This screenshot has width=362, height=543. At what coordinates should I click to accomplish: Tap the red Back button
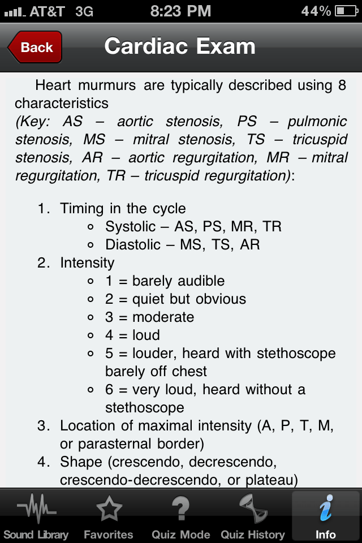[x=35, y=47]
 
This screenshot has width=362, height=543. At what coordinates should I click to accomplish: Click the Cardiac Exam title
[x=180, y=46]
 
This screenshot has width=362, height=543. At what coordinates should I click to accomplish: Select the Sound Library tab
[x=36, y=517]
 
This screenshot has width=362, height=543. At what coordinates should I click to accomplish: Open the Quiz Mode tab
[x=180, y=517]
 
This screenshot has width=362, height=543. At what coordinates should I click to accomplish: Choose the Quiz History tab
[x=253, y=517]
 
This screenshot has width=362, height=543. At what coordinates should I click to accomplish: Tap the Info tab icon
[x=326, y=508]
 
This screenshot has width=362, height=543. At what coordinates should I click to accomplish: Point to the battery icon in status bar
[x=346, y=11]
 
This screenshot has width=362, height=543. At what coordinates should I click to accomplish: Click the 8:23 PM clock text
[x=181, y=11]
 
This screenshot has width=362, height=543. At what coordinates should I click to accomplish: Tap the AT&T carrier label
[x=48, y=11]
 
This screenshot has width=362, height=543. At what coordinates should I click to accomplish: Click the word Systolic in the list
[x=130, y=227]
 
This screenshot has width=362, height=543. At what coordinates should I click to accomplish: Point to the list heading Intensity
[x=87, y=263]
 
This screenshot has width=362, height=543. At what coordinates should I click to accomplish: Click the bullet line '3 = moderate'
[x=150, y=317]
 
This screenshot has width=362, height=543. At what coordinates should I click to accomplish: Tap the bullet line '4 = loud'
[x=132, y=335]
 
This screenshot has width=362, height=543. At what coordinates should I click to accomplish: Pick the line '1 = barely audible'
[x=165, y=281]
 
